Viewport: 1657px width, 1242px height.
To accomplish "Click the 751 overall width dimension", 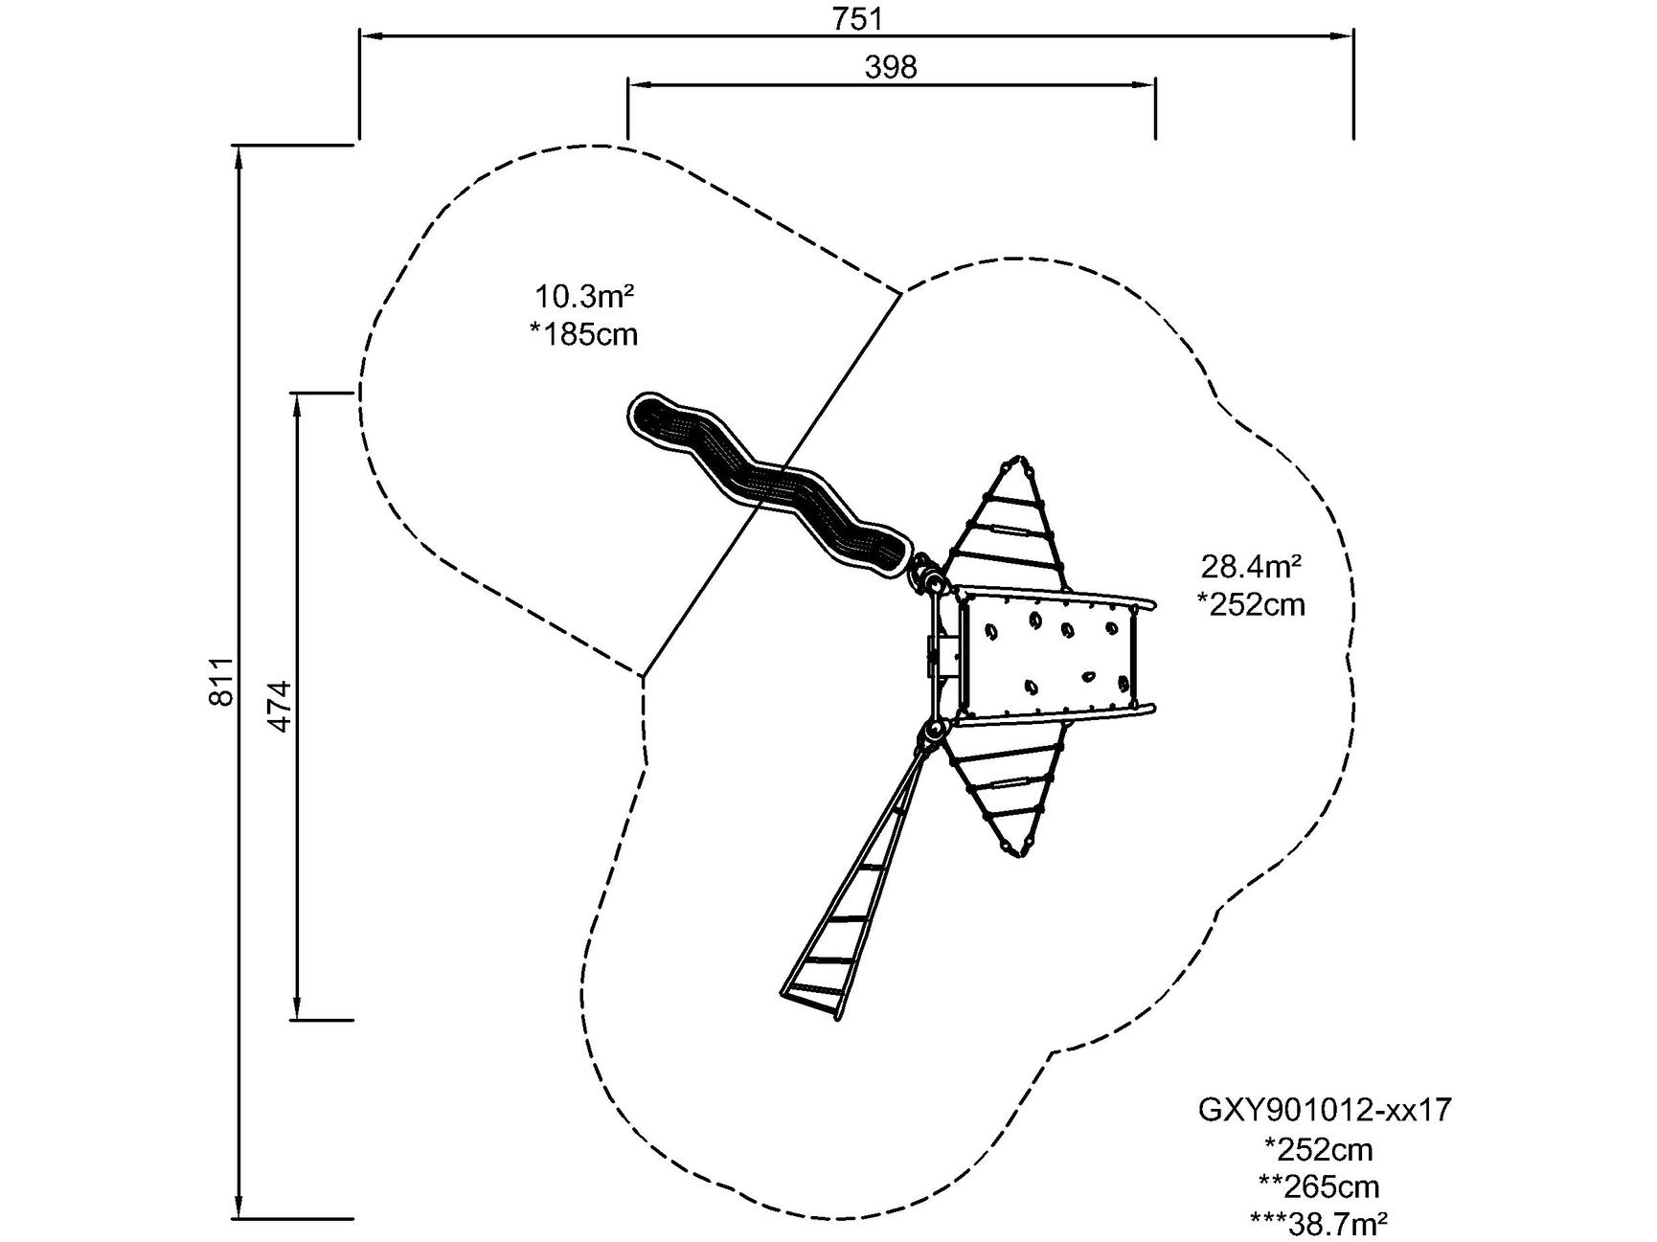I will point(857,18).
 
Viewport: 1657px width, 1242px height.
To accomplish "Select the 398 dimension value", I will point(891,67).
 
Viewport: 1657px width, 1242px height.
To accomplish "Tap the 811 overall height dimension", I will point(221,681).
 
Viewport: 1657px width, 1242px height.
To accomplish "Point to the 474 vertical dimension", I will point(278,706).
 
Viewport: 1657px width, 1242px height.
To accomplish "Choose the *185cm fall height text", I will point(583,334).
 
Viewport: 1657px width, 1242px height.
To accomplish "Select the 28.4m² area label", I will point(1251,566).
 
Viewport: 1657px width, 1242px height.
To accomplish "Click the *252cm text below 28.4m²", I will point(1251,604).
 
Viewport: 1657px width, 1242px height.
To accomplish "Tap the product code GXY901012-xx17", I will point(1325,1110).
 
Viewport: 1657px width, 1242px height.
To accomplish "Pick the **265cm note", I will point(1320,1186).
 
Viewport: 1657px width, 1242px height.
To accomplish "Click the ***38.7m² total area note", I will point(1320,1223).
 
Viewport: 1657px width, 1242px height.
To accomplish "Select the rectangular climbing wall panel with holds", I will point(1049,656).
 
